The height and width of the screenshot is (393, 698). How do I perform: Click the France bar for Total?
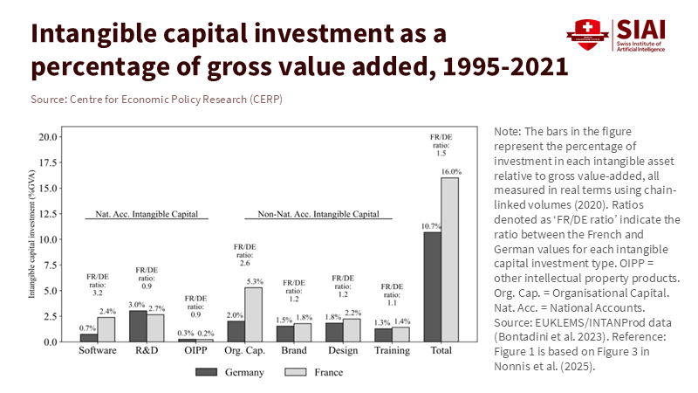point(450,259)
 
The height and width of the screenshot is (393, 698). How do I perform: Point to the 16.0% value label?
point(451,172)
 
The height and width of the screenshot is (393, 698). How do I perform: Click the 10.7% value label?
point(431,226)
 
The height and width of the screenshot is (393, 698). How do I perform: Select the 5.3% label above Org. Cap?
point(254,281)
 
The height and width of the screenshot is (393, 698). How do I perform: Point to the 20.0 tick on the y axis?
point(49,137)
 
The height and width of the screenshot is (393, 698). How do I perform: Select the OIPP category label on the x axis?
point(195,351)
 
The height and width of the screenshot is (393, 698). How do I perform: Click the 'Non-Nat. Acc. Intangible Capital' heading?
point(318,214)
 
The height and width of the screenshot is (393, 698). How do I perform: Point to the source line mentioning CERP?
point(156,100)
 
